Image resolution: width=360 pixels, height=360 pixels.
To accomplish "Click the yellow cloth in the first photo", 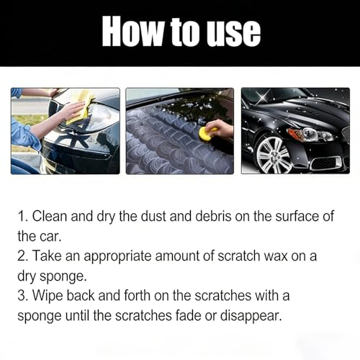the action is [x=81, y=107].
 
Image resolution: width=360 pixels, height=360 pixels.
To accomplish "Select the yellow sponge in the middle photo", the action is [x=207, y=133].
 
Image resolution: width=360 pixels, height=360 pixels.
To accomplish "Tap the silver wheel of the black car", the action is [x=274, y=154].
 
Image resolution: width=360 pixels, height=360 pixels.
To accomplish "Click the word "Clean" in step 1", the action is [x=50, y=216].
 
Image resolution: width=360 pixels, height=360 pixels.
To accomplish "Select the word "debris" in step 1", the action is [x=213, y=216].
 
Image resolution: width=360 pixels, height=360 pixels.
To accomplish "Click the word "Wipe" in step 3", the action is [x=48, y=296].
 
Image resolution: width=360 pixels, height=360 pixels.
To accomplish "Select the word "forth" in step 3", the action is [x=137, y=295].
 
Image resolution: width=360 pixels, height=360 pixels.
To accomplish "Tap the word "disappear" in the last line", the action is [x=251, y=316].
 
